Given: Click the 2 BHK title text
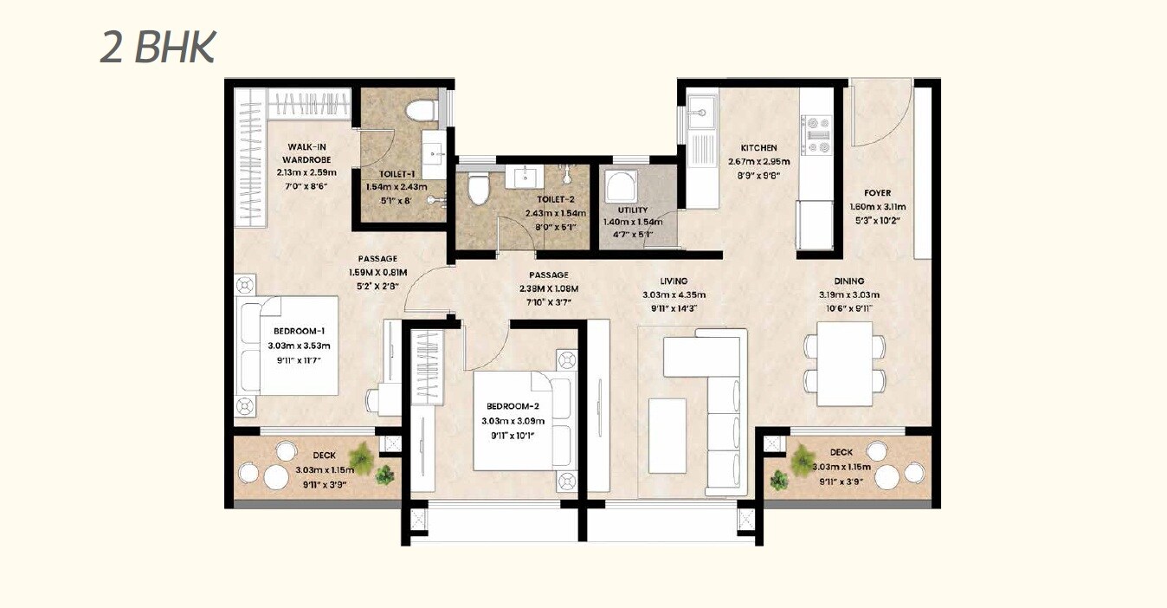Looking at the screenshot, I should pyautogui.click(x=157, y=48).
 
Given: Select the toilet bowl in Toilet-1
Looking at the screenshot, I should pyautogui.click(x=423, y=112).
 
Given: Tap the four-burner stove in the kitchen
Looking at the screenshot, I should pyautogui.click(x=816, y=134).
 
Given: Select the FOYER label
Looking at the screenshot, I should pyautogui.click(x=877, y=193).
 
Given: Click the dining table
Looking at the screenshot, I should pyautogui.click(x=844, y=364).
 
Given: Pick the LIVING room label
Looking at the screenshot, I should pyautogui.click(x=673, y=281).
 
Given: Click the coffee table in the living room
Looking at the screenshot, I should pyautogui.click(x=667, y=435).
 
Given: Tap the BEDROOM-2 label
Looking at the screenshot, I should pyautogui.click(x=513, y=406).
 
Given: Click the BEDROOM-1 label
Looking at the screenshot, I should pyautogui.click(x=299, y=332).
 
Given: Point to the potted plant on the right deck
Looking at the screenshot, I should pyautogui.click(x=803, y=456).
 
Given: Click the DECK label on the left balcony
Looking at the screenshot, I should pyautogui.click(x=324, y=455).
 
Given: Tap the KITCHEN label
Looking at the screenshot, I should pyautogui.click(x=758, y=148).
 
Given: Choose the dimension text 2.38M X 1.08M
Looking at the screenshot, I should pyautogui.click(x=548, y=288).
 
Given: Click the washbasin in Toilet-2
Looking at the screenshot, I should pyautogui.click(x=526, y=178).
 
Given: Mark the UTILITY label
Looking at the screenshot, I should pyautogui.click(x=633, y=210).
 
